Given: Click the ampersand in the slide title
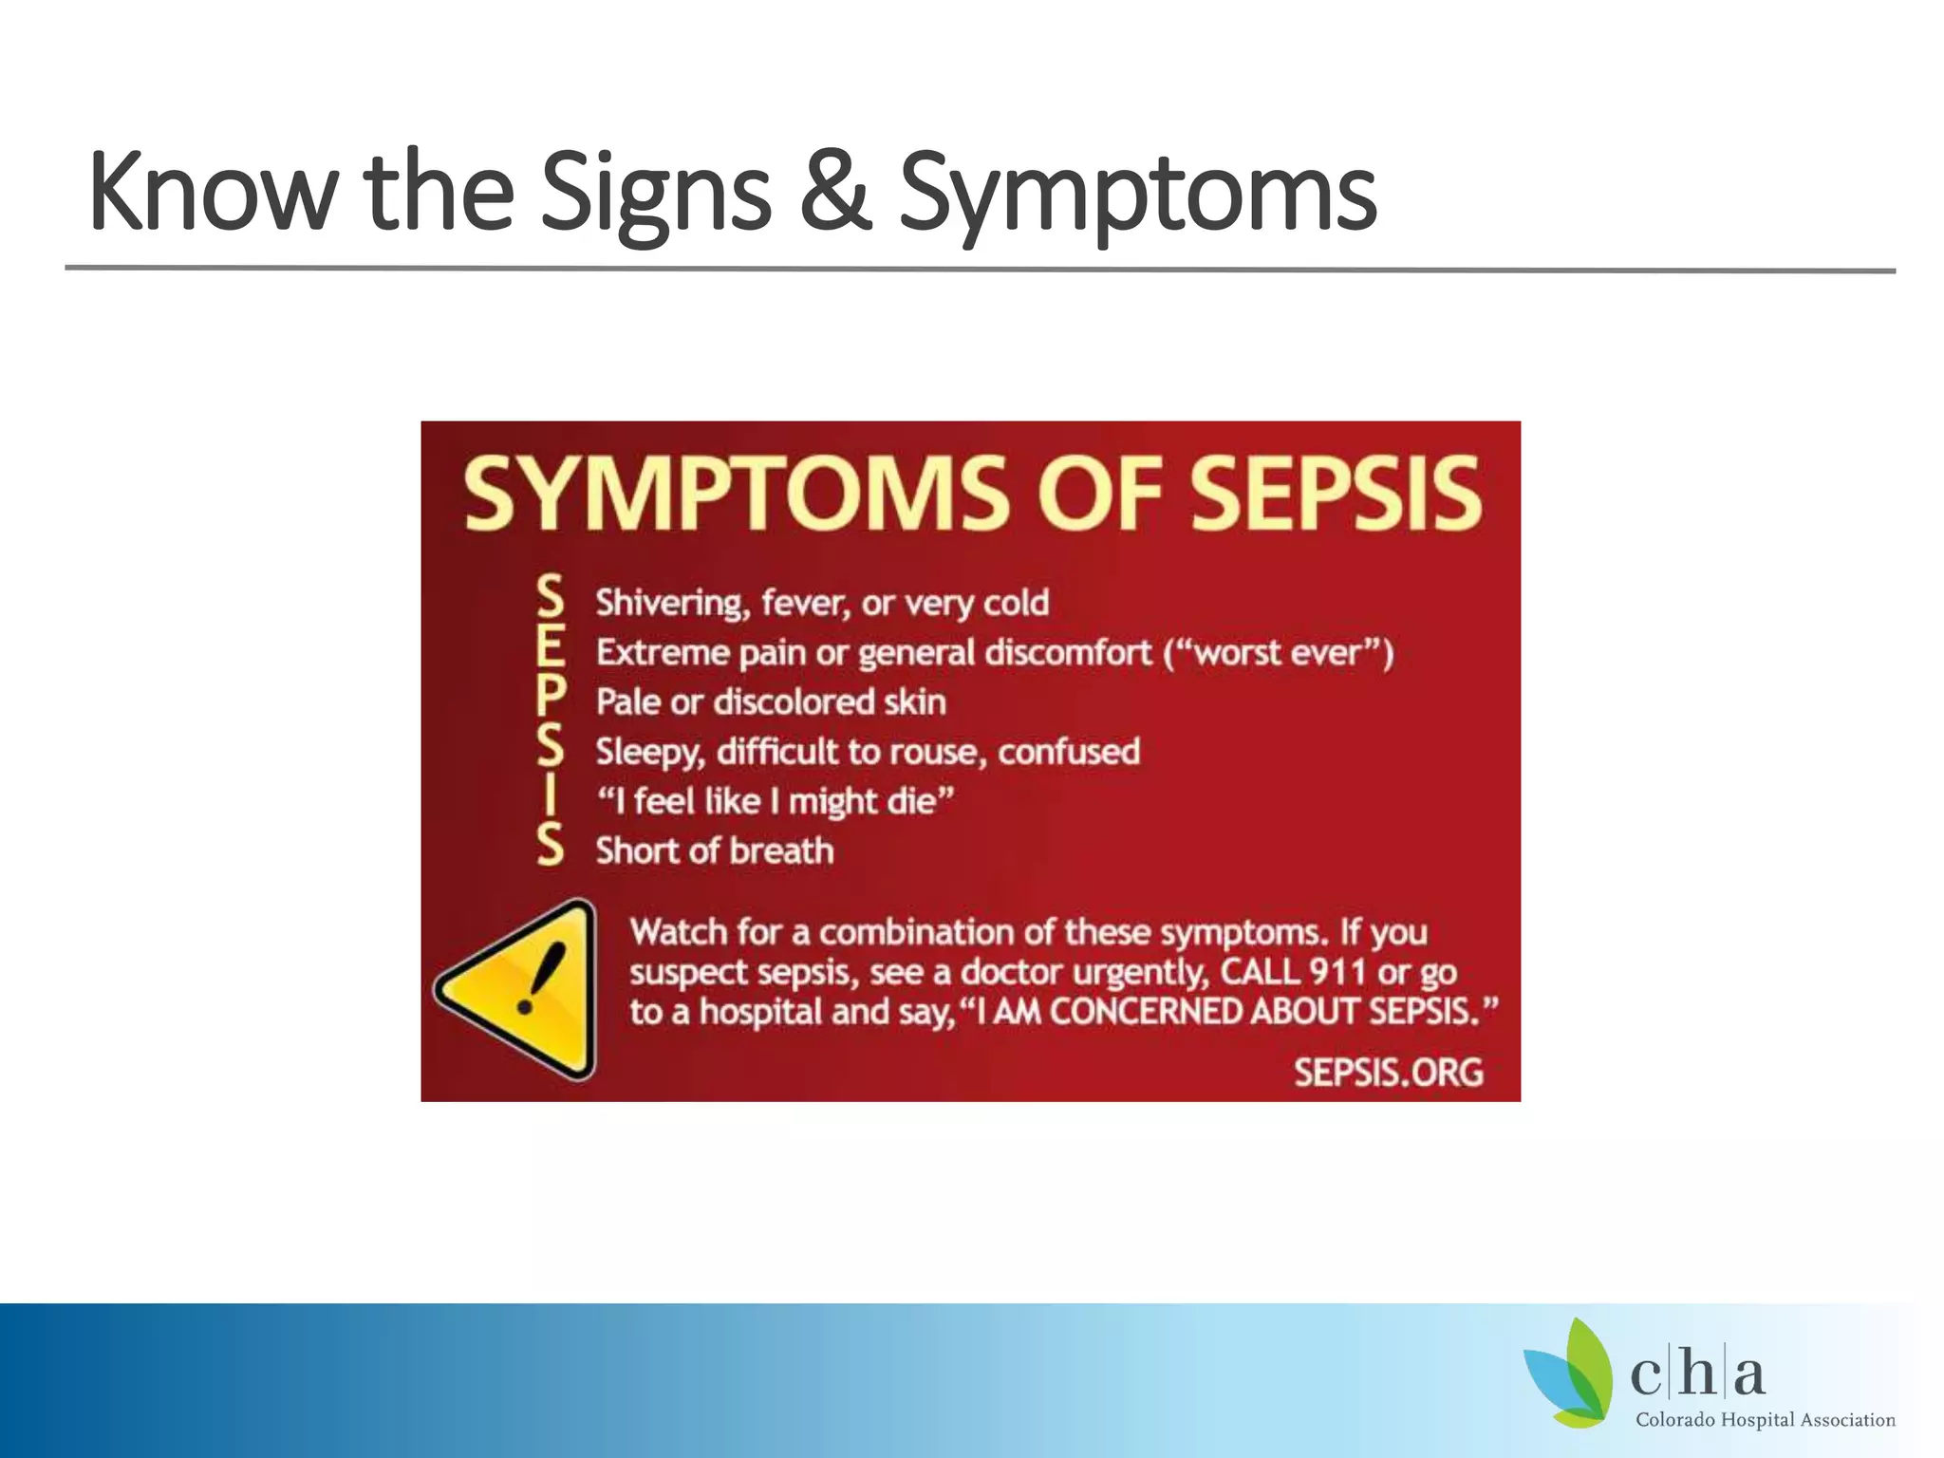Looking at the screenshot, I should [x=835, y=193].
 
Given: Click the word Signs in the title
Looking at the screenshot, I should [x=655, y=193].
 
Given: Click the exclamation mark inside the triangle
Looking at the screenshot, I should [x=536, y=979].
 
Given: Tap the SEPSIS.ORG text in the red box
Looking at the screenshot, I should [x=1388, y=1073].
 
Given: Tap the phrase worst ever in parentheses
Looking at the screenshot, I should [x=1278, y=653].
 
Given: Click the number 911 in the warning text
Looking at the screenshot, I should [x=1336, y=972].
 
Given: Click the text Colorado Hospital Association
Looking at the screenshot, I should [x=1765, y=1420].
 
